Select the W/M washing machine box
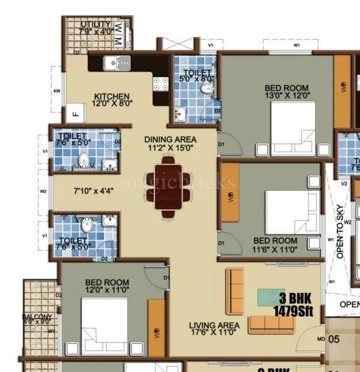[118, 35]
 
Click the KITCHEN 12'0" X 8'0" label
[112, 99]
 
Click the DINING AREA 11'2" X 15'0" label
[170, 143]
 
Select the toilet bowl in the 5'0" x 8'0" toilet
[206, 88]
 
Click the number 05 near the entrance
[334, 339]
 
